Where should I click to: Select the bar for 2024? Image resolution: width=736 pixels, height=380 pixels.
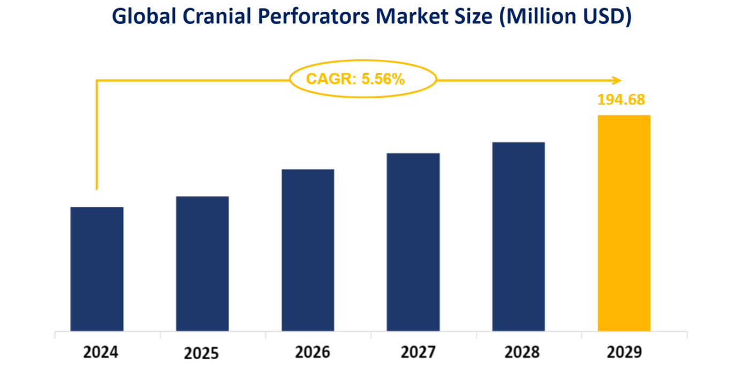tap(97, 269)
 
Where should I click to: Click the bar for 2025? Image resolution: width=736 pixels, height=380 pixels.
tap(202, 263)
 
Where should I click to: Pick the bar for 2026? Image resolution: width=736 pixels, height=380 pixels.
tap(308, 250)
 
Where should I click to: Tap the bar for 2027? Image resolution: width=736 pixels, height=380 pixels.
tap(413, 242)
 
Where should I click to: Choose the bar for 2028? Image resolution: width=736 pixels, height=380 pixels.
tap(518, 236)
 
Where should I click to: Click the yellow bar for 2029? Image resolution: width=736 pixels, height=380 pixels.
tap(624, 223)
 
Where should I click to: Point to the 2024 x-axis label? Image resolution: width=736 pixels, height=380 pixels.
tap(101, 353)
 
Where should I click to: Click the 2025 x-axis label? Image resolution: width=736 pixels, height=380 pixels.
tap(201, 354)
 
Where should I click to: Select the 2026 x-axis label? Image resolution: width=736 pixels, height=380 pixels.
tap(312, 353)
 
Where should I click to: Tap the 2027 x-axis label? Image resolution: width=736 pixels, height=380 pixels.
tap(418, 353)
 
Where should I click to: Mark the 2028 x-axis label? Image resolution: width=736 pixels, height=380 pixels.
tap(522, 353)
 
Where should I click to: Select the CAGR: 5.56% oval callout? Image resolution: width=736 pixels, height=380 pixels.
tap(363, 80)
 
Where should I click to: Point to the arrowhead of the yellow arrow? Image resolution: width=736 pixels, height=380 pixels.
tap(617, 80)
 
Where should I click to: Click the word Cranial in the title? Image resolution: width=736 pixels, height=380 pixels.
tap(210, 17)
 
